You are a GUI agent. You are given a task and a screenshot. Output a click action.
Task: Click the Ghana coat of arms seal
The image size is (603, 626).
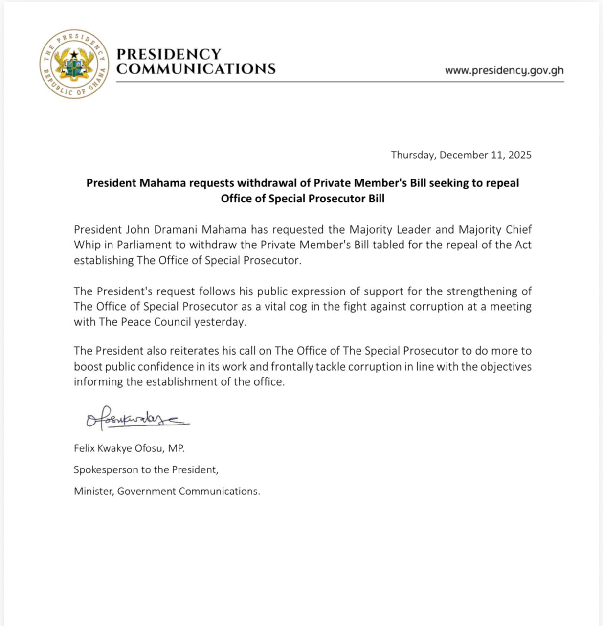[74, 64]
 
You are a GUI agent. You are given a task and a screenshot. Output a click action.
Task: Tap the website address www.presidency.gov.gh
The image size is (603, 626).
[504, 70]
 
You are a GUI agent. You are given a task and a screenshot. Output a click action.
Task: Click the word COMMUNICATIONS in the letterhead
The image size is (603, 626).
[196, 69]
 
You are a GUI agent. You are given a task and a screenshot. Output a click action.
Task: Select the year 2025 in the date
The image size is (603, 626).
[519, 155]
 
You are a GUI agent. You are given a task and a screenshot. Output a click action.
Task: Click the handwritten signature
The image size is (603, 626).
[137, 419]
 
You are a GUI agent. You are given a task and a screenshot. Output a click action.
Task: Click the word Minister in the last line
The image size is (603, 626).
[94, 491]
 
